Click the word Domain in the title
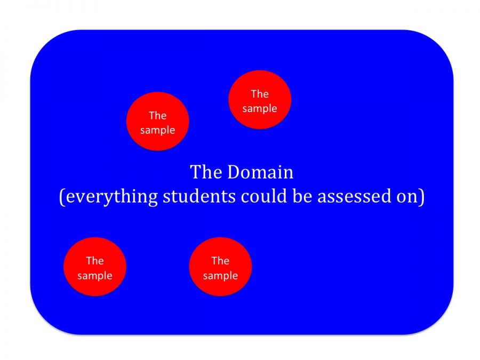(260, 172)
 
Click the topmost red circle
(260, 100)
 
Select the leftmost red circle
(95, 267)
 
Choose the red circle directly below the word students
(220, 267)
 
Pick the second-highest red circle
(158, 122)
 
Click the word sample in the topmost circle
(260, 108)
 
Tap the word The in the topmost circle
(260, 94)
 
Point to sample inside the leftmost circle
(95, 276)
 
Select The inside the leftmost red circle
(95, 261)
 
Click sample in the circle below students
(220, 276)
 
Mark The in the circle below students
(220, 261)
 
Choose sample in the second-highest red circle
(158, 130)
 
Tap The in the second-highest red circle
(158, 115)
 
